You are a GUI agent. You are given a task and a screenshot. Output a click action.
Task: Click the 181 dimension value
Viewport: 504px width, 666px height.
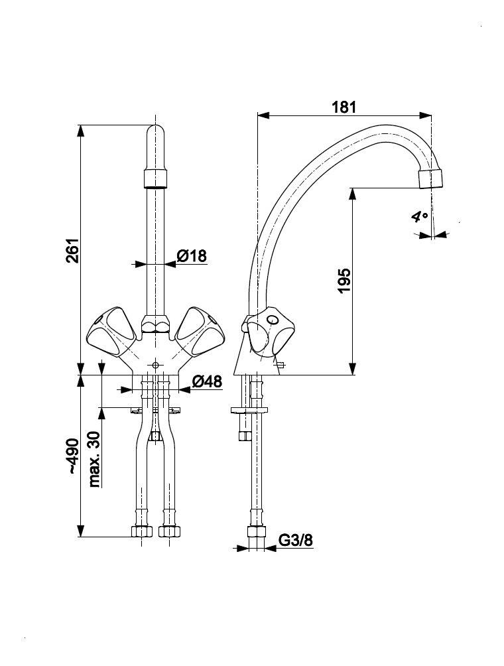344,106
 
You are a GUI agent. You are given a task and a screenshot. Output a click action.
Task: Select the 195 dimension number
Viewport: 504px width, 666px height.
343,281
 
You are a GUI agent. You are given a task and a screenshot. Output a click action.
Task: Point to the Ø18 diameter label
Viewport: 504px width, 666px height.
192,255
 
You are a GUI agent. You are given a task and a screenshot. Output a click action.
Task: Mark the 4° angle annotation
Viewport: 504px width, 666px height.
419,216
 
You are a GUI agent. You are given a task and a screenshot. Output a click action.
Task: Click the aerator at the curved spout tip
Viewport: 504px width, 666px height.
430,178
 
